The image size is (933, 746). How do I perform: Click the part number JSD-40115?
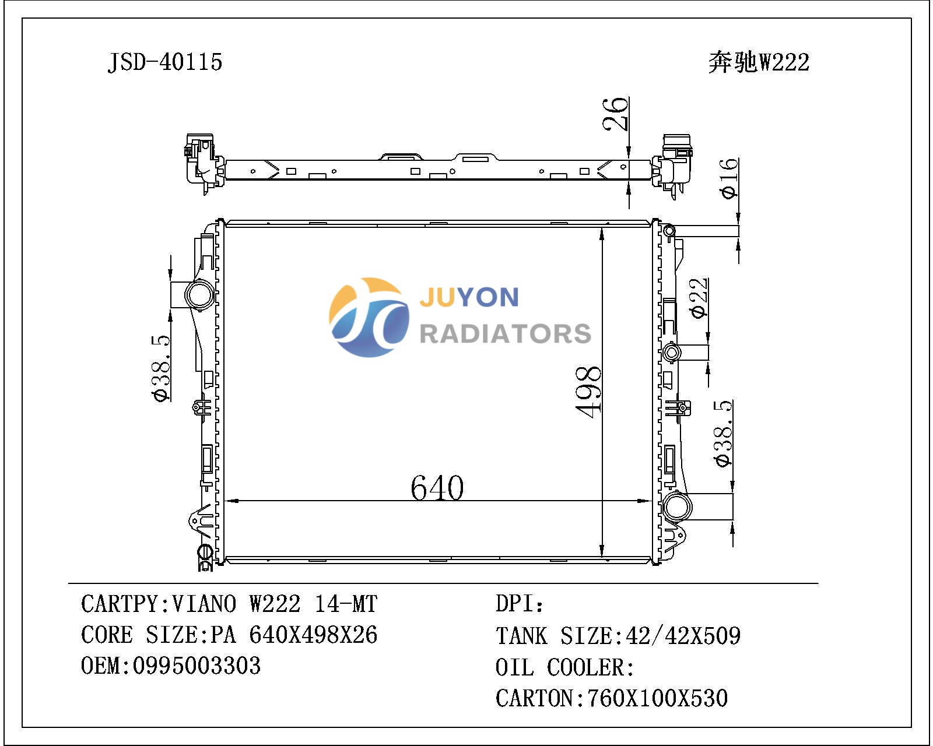coord(165,62)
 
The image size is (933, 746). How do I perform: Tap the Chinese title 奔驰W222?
coord(759,62)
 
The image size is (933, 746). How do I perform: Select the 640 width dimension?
coord(437,488)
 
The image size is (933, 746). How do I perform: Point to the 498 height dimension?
coord(588,392)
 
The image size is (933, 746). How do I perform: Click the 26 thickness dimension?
coord(615,114)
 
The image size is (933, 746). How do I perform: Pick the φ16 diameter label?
coord(728,178)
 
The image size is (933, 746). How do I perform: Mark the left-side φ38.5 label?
coord(160,368)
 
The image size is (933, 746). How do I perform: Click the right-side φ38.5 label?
coord(723,434)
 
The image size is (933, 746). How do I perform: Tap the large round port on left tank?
coord(199,295)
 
